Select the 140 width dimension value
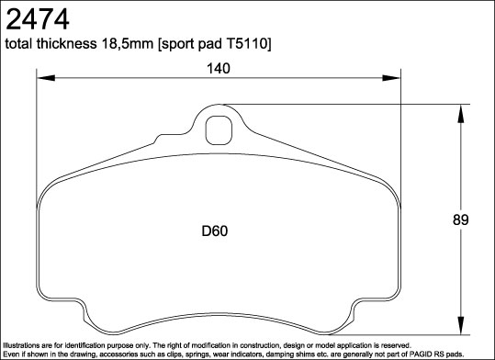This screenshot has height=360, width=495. [x=218, y=68]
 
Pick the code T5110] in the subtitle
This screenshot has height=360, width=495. [x=249, y=45]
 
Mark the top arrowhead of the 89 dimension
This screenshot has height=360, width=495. [x=459, y=109]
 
